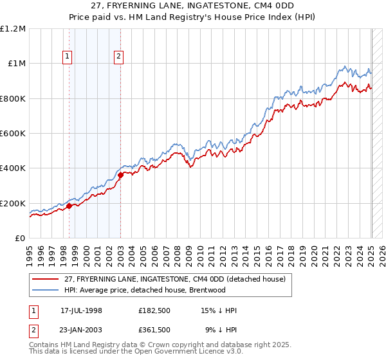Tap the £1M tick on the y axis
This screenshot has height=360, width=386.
pyautogui.click(x=16, y=63)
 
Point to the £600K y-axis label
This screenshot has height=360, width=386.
pyautogui.click(x=13, y=133)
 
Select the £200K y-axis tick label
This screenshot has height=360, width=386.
pyautogui.click(x=13, y=203)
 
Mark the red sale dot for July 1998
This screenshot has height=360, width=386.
pyautogui.click(x=69, y=206)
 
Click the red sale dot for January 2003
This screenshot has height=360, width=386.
pyautogui.click(x=120, y=175)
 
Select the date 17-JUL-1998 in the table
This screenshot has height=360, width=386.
pyautogui.click(x=81, y=310)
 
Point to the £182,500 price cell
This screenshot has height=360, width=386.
pyautogui.click(x=154, y=310)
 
